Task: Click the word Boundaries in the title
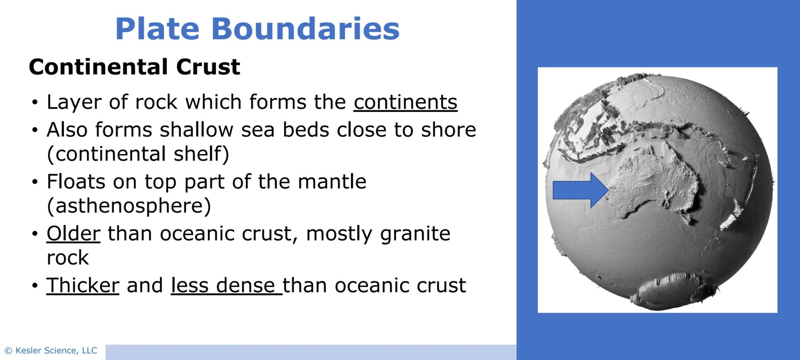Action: point(305,29)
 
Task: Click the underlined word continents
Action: point(405,102)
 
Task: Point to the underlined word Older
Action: point(73,233)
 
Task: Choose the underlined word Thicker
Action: point(83,285)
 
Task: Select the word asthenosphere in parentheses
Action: point(129,206)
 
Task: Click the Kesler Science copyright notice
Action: point(51,351)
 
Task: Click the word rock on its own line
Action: point(68,258)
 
